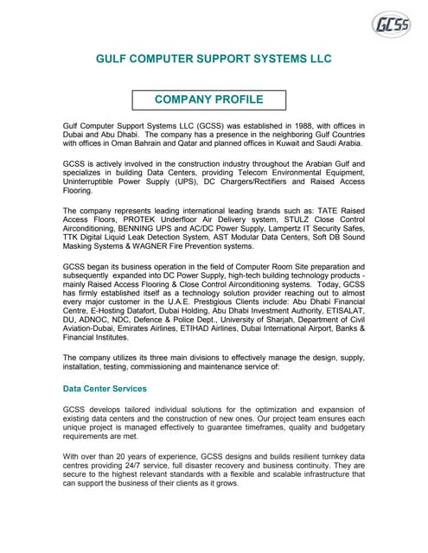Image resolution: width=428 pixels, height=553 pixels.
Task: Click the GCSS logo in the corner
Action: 390,25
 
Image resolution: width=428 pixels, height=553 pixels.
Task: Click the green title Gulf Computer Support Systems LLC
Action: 213,60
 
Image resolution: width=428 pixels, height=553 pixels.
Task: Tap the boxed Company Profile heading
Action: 208,100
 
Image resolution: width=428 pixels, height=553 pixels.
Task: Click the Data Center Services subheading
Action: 105,389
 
